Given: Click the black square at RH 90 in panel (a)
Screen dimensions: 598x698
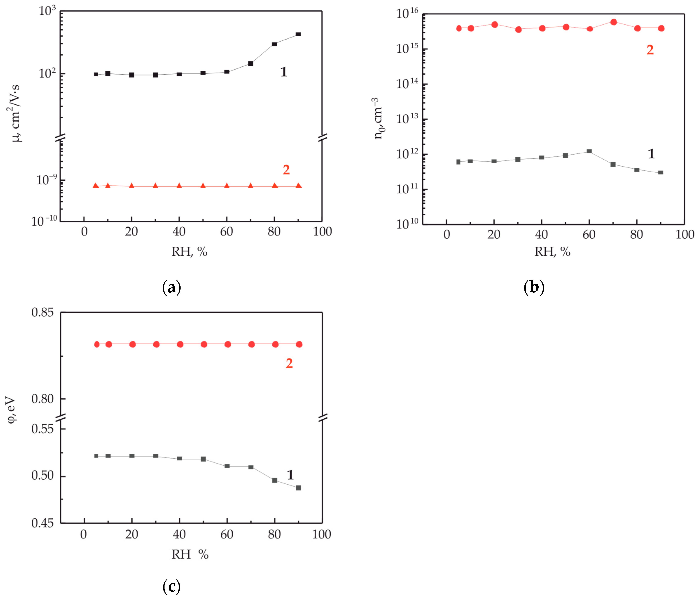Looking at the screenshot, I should pos(298,34).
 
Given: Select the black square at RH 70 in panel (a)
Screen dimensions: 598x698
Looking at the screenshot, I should pos(251,64).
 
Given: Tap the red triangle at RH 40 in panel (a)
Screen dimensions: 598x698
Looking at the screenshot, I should pos(179,186).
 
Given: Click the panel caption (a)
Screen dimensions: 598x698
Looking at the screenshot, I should pos(172,287).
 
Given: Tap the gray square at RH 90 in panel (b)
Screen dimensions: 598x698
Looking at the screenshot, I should pos(661,172).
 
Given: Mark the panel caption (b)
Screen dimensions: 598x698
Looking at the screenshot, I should pos(534,287).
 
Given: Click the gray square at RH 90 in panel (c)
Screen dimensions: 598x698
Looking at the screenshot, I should pos(299,488).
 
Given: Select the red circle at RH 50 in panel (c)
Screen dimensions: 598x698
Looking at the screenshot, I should pos(204,344).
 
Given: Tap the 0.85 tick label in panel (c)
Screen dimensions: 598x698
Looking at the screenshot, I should pos(42,312).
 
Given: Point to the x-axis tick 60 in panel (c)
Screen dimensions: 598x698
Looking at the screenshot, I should pos(227,534).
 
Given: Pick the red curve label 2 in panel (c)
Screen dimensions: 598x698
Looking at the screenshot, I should pos(289,363).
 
